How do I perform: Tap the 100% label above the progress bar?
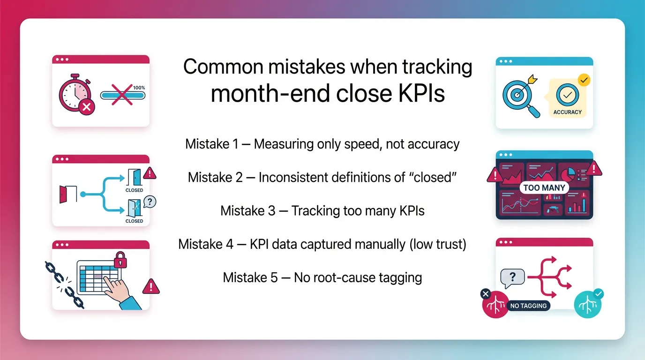pyautogui.click(x=139, y=88)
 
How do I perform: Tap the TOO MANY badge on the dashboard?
pyautogui.click(x=544, y=188)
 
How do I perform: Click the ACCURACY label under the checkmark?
pyautogui.click(x=567, y=112)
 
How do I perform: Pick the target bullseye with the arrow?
pyautogui.click(x=516, y=93)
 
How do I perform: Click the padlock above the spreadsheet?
pyautogui.click(x=120, y=258)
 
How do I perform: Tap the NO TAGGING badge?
pyautogui.click(x=528, y=306)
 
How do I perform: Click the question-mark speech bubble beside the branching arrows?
pyautogui.click(x=512, y=278)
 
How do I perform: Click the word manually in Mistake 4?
pyautogui.click(x=375, y=244)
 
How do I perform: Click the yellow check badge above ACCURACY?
pyautogui.click(x=584, y=80)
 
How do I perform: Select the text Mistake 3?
pyautogui.click(x=247, y=210)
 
